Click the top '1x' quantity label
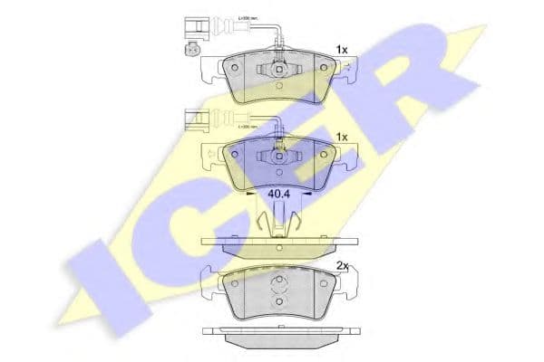click(342, 49)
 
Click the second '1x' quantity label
click(342, 136)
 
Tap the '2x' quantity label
click(342, 265)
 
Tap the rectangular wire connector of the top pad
click(193, 27)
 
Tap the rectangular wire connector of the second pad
click(193, 115)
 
